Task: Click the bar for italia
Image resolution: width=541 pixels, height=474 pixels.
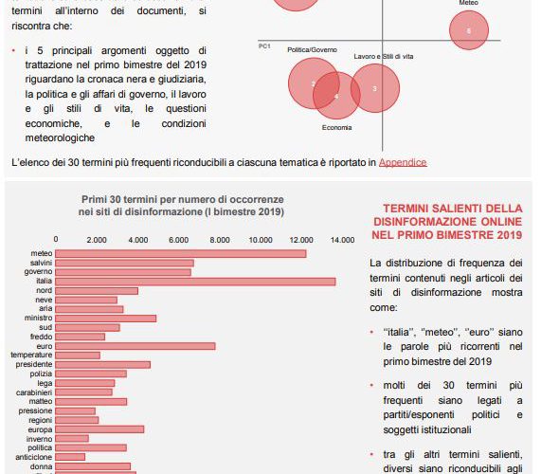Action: point(195,282)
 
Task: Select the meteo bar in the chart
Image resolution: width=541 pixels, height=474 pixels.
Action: point(181,254)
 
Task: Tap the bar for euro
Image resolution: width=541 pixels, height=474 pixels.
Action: point(135,346)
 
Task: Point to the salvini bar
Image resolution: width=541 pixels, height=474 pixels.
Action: point(124,263)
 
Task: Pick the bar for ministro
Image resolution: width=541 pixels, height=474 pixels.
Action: point(105,318)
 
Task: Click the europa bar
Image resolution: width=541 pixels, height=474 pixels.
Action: point(99,429)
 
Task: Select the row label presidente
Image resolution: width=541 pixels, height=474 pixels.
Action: point(34,364)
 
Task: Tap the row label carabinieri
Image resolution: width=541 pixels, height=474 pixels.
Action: point(34,392)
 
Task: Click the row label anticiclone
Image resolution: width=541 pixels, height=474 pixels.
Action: point(34,457)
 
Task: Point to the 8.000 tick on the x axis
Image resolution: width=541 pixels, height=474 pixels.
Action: point(220,240)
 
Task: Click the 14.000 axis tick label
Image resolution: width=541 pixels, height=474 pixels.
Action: point(342,240)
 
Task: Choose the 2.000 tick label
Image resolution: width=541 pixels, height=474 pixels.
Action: point(97,240)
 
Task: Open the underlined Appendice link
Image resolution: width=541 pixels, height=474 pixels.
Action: point(403,162)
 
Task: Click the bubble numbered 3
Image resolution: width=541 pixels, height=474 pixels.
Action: point(375,88)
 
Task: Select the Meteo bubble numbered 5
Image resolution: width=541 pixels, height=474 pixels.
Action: point(469,30)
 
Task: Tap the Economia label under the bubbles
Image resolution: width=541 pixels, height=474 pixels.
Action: point(336,128)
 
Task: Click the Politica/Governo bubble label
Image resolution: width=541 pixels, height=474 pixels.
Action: point(312,49)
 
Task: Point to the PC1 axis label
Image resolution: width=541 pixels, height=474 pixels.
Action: point(264,46)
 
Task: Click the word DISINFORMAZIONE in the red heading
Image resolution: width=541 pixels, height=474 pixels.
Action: point(425,222)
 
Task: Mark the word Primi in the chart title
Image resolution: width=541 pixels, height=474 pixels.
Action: point(94,199)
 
